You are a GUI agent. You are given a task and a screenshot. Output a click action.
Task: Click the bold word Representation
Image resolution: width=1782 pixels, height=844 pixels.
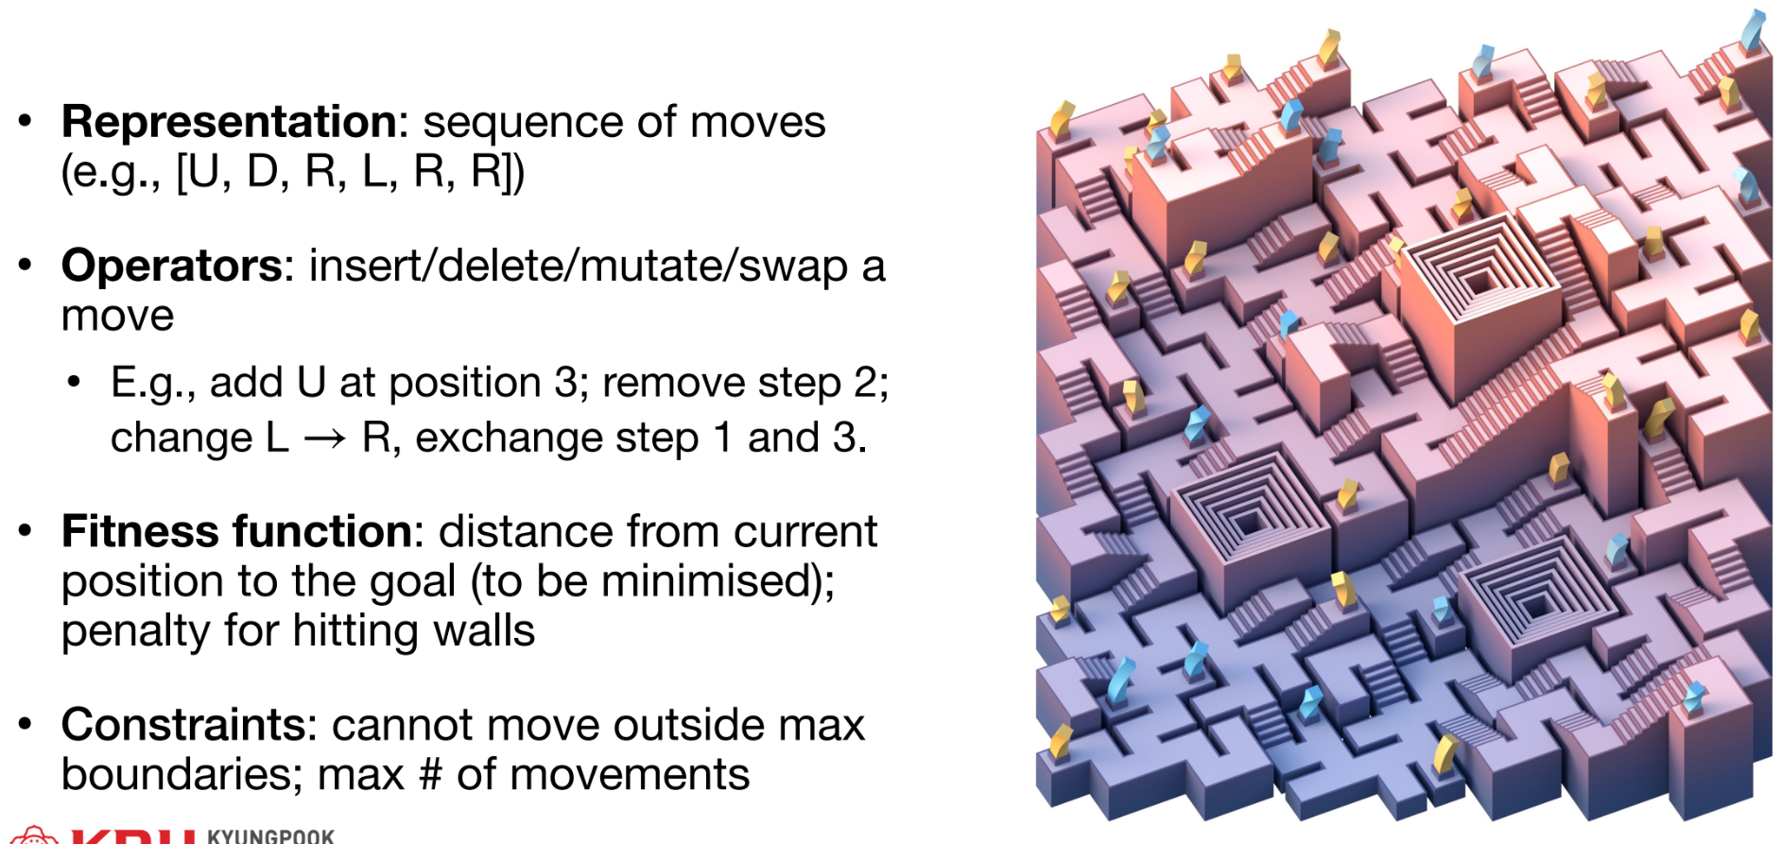pyautogui.click(x=229, y=123)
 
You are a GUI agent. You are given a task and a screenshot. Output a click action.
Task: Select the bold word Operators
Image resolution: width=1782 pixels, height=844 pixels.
pyautogui.click(x=171, y=267)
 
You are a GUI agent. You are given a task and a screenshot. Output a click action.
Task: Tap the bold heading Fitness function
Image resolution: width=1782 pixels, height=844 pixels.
pyautogui.click(x=236, y=532)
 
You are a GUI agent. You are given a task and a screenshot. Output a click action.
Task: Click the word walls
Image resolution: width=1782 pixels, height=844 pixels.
pyautogui.click(x=484, y=631)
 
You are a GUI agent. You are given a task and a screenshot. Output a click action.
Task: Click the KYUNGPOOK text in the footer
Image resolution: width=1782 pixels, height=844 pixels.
pyautogui.click(x=270, y=836)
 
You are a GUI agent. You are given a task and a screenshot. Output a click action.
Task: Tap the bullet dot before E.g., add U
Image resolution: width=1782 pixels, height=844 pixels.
pyautogui.click(x=75, y=383)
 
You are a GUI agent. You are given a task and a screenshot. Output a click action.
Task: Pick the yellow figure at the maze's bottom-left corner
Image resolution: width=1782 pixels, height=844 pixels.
pyautogui.click(x=1061, y=743)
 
